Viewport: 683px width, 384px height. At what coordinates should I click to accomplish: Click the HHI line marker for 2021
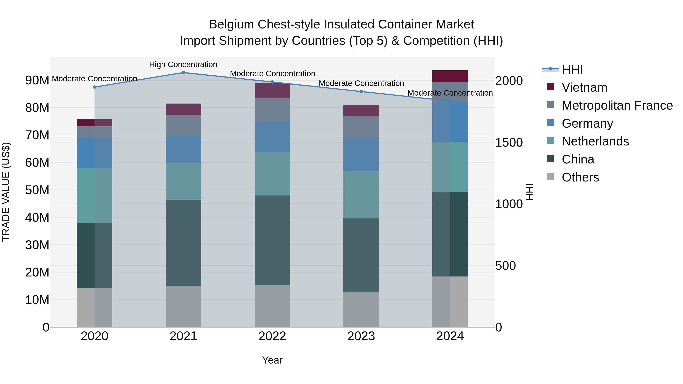point(183,73)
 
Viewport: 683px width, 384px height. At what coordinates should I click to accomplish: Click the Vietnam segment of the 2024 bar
point(450,76)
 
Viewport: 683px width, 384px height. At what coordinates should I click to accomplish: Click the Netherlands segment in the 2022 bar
point(272,174)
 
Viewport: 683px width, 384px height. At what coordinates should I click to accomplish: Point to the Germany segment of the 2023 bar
point(361,155)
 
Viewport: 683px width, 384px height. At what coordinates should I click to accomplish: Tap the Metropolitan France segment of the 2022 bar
point(272,110)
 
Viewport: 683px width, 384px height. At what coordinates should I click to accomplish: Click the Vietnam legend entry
point(584,87)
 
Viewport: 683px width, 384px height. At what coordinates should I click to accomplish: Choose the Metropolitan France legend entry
point(617,105)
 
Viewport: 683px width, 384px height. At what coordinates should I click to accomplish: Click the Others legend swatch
point(550,177)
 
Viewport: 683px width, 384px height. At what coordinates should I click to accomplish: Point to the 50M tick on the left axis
point(37,190)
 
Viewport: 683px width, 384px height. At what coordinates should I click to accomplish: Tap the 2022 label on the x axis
point(272,336)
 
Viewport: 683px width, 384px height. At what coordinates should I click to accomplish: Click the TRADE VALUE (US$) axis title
point(6,192)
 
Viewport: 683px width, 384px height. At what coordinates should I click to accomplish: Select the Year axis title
point(272,360)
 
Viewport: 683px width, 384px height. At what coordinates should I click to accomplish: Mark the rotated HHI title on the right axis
point(530,192)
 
